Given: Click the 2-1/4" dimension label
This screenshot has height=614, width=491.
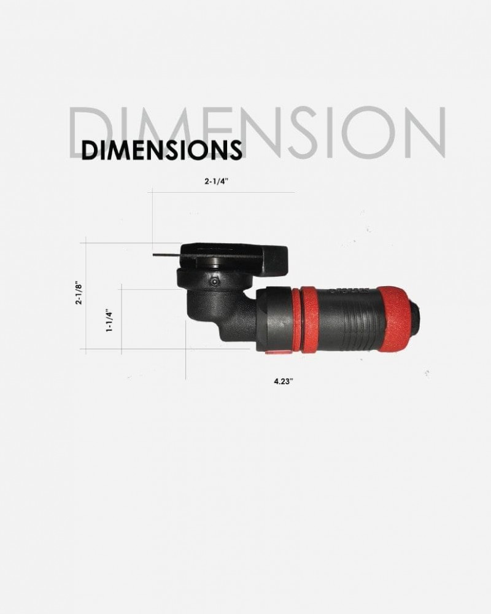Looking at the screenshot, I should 219,182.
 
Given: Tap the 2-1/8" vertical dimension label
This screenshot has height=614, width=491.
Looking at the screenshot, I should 79,294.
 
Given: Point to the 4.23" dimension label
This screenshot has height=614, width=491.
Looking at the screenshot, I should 284,381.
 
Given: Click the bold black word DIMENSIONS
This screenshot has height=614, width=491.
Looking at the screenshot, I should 161,150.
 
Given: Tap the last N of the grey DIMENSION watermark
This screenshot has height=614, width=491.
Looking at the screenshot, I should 423,133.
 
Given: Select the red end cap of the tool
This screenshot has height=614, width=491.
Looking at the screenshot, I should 395,318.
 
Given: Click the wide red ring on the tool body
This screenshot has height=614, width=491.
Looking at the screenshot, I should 310,319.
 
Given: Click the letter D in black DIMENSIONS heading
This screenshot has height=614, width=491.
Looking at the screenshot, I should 90,150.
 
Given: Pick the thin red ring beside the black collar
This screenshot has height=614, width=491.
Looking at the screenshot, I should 297,319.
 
